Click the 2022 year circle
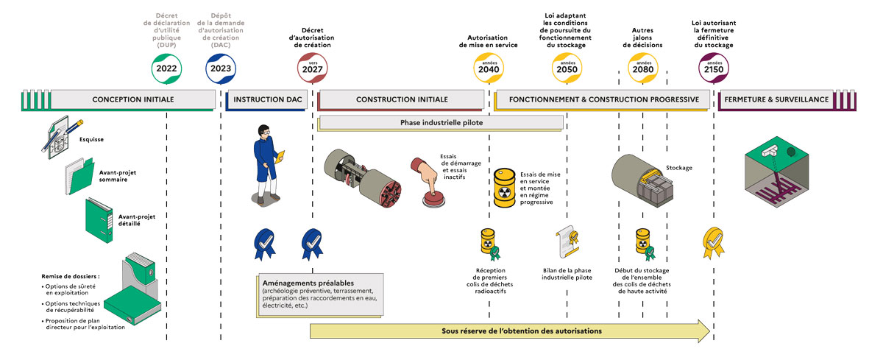pyautogui.click(x=166, y=68)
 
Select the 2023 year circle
pyautogui.click(x=221, y=68)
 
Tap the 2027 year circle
pyautogui.click(x=313, y=68)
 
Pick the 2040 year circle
pyautogui.click(x=489, y=68)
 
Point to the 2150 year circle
pyautogui.click(x=712, y=68)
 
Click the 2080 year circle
pyautogui.click(x=642, y=68)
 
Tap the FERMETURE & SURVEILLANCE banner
pyautogui.click(x=776, y=99)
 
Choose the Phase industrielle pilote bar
pyautogui.click(x=441, y=123)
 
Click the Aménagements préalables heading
pyautogui.click(x=308, y=283)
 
